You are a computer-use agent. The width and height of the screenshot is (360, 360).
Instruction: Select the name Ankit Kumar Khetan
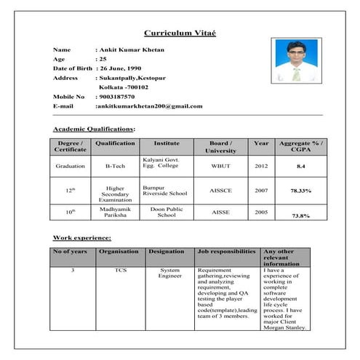[132, 49]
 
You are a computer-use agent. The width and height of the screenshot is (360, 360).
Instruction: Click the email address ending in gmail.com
[150, 106]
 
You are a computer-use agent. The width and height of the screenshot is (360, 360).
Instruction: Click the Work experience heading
[82, 238]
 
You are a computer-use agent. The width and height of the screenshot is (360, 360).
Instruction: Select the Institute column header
[162, 143]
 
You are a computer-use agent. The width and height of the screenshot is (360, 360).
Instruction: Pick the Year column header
[261, 143]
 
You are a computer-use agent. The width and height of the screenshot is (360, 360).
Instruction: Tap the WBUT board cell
[220, 166]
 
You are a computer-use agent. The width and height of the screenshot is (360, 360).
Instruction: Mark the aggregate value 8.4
[300, 167]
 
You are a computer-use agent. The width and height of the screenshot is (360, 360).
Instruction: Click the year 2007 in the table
[261, 190]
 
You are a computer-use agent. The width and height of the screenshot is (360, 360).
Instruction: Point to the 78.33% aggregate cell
[300, 191]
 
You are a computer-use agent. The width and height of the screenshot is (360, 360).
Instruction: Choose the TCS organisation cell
[119, 270]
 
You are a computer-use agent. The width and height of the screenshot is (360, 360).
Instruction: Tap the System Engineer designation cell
[169, 273]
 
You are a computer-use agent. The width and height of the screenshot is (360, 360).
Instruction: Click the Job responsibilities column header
[226, 251]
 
